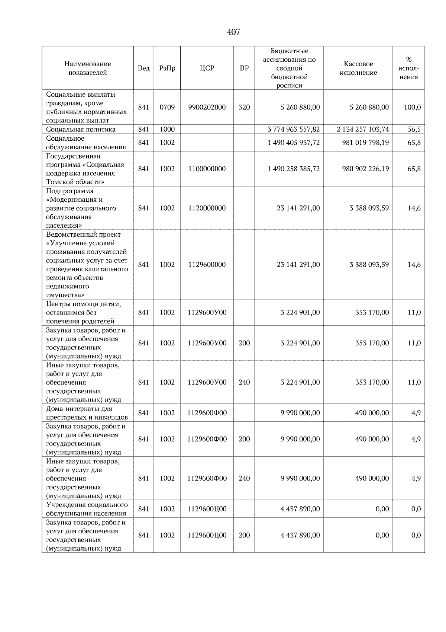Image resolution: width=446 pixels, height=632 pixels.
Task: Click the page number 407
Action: click(x=233, y=32)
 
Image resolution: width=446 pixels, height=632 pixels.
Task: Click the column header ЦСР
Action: click(x=207, y=68)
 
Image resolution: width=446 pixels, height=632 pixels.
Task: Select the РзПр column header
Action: click(x=167, y=68)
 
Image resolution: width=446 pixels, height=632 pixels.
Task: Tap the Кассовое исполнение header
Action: click(x=358, y=68)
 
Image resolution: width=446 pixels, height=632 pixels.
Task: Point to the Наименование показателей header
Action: click(x=87, y=68)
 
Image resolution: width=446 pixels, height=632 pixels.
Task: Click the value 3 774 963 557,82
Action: click(x=294, y=129)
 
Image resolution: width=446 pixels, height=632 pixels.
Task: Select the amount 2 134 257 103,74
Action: click(x=362, y=129)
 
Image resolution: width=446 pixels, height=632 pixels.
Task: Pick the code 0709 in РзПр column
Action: click(x=167, y=107)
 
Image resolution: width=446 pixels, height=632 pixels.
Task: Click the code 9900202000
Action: click(x=207, y=107)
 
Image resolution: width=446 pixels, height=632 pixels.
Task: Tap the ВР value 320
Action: click(x=244, y=107)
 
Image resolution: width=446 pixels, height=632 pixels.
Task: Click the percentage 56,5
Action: click(x=414, y=129)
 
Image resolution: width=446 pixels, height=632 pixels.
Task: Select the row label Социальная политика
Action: click(x=81, y=129)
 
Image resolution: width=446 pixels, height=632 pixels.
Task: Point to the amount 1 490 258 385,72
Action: click(x=294, y=169)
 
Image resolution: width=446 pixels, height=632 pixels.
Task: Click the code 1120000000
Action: click(x=207, y=208)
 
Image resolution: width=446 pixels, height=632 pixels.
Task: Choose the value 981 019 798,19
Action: click(x=365, y=143)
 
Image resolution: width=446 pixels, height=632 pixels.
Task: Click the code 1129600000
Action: click(x=207, y=265)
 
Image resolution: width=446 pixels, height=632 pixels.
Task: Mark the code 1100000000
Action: click(x=207, y=169)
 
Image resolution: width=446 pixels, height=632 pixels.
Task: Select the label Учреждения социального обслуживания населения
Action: click(x=87, y=509)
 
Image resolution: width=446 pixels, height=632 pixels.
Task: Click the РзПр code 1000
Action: click(x=167, y=129)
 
